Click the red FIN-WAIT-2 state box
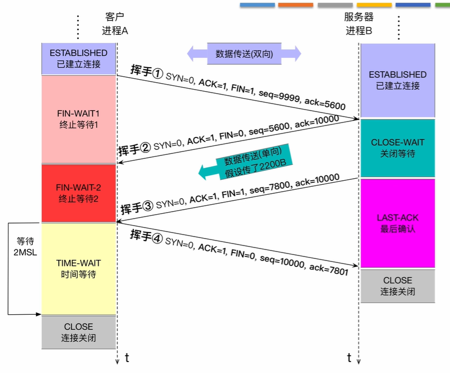tap(79, 193)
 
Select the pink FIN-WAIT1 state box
tap(79, 119)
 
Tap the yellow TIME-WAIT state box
tap(79, 269)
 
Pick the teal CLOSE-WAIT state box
tap(398, 148)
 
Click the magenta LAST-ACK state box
tap(398, 224)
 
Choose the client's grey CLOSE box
tap(79, 332)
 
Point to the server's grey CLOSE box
tap(398, 286)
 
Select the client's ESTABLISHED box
tap(79, 58)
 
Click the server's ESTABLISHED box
tap(398, 80)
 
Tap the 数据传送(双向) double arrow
tap(244, 54)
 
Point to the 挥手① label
tap(148, 71)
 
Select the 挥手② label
tap(135, 149)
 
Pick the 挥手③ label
tap(136, 207)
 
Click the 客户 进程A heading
tap(115, 23)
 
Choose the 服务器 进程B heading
tap(359, 23)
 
